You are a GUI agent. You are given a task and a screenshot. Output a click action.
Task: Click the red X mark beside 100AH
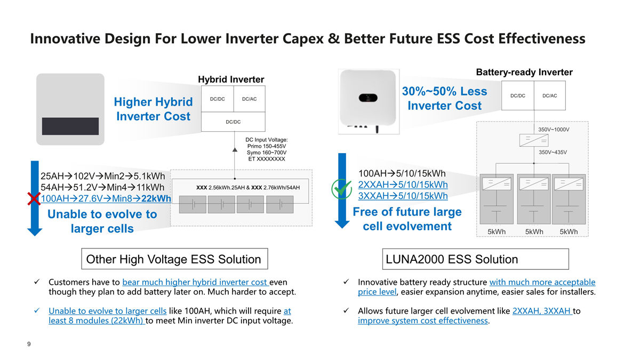[34, 199]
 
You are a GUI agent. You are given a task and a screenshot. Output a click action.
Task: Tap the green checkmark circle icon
[341, 189]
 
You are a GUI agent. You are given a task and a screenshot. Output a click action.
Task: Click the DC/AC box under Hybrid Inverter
[250, 99]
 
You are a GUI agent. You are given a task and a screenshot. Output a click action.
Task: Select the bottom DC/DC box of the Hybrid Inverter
[233, 122]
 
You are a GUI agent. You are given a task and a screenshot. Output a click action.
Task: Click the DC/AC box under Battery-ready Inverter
[550, 95]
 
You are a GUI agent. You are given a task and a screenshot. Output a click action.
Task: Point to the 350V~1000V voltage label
[554, 130]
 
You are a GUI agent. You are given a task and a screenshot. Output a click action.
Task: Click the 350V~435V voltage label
[553, 153]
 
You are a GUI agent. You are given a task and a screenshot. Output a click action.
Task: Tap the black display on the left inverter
[70, 126]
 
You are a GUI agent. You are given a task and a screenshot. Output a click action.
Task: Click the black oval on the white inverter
[368, 98]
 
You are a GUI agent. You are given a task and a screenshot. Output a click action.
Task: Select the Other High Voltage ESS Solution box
[174, 259]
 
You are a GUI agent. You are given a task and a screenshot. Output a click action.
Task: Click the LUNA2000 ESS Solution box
[476, 259]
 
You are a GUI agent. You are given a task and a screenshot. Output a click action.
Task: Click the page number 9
[29, 344]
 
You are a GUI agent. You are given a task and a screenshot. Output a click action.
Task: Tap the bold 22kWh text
[156, 198]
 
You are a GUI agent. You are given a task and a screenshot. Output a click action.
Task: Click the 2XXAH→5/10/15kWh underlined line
[403, 185]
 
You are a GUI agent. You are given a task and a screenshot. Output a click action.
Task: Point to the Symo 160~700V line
[267, 153]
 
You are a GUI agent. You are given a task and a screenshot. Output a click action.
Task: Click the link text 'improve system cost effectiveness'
[423, 321]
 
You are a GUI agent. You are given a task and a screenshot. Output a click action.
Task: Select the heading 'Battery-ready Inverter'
[524, 72]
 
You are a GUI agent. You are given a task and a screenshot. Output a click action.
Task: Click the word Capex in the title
[303, 39]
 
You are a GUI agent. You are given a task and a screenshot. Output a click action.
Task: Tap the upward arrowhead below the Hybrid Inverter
[235, 150]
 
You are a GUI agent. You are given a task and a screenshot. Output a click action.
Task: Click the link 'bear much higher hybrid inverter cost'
[196, 282]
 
